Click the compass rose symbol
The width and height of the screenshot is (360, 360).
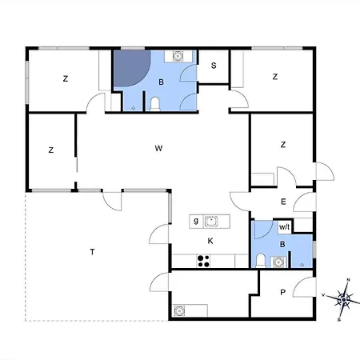click(x=343, y=300)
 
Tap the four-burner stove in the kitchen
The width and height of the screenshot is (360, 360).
click(x=203, y=261)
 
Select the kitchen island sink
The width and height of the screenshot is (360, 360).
click(x=211, y=222)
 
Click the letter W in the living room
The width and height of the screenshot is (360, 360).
click(x=158, y=148)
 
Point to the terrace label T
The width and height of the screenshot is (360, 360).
click(x=92, y=252)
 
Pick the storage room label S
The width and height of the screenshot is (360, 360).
click(x=214, y=66)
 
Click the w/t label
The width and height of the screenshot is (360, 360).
click(x=284, y=227)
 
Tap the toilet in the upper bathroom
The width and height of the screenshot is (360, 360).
click(x=155, y=104)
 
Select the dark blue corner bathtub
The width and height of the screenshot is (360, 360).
click(x=132, y=68)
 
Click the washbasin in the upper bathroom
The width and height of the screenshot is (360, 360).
click(x=178, y=56)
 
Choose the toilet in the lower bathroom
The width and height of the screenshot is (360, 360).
click(x=261, y=261)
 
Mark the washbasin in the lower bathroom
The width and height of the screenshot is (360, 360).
click(x=278, y=262)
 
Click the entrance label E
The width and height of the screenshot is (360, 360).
click(x=283, y=202)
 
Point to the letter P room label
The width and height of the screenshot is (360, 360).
click(x=283, y=293)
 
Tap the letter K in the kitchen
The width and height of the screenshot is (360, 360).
click(x=210, y=241)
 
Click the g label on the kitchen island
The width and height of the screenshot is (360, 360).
click(x=196, y=221)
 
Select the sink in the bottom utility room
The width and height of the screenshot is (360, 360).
click(x=179, y=310)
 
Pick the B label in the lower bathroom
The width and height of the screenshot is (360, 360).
click(x=282, y=244)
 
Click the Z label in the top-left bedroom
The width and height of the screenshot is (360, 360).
click(x=66, y=78)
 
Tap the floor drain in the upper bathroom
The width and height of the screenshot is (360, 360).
click(x=134, y=108)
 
